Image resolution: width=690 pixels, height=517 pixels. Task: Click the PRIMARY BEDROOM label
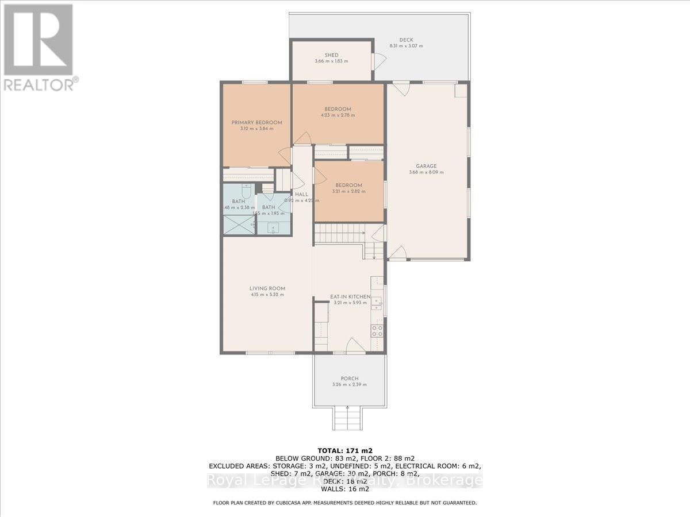(x=256, y=122)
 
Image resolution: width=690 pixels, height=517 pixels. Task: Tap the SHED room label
(x=331, y=55)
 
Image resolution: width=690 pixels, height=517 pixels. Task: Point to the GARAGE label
(x=426, y=166)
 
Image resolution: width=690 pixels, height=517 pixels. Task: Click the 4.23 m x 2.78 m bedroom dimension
(x=338, y=115)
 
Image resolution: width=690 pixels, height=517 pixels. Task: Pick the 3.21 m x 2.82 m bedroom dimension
(x=347, y=191)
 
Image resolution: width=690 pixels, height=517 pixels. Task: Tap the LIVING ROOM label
(x=267, y=288)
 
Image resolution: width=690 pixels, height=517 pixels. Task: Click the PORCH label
(x=349, y=379)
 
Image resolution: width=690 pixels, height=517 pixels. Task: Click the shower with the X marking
(x=238, y=225)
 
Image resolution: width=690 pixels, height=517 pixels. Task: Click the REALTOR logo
(x=39, y=47)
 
